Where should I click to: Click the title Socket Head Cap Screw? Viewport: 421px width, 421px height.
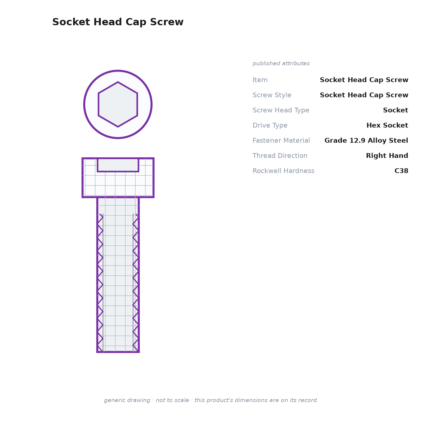click(x=118, y=22)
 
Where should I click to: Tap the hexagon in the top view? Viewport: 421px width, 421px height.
click(x=118, y=104)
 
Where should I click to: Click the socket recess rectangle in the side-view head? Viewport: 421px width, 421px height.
click(x=118, y=165)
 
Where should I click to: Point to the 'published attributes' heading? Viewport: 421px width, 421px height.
click(x=281, y=63)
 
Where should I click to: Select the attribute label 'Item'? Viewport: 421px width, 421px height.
click(x=260, y=80)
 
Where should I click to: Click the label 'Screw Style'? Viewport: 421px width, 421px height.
click(x=272, y=95)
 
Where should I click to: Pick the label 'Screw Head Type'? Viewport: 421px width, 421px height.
click(x=281, y=110)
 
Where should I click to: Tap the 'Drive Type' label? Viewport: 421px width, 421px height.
click(x=270, y=125)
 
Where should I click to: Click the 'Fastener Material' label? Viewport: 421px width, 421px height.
click(x=281, y=140)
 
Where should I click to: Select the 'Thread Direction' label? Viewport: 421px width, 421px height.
click(x=280, y=155)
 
